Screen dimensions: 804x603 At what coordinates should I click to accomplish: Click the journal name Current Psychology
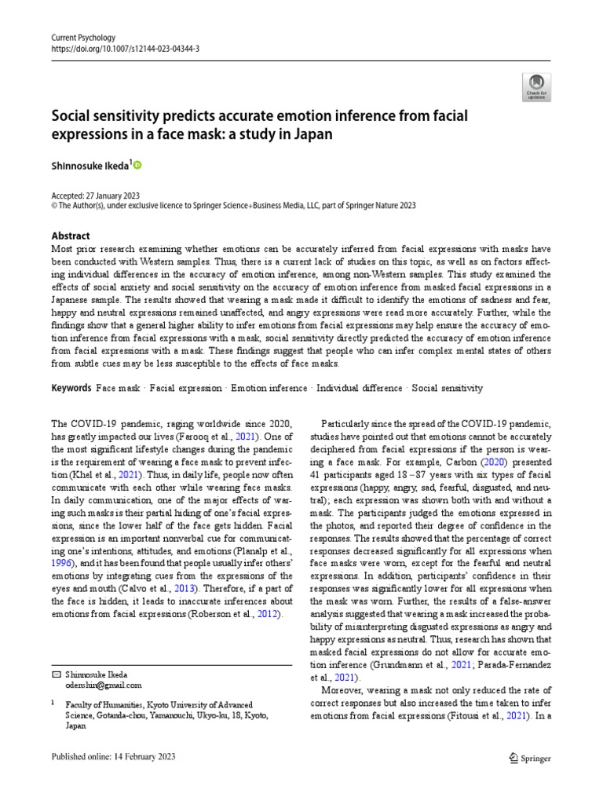[x=82, y=37]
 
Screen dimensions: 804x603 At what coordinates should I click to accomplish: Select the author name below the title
[x=90, y=166]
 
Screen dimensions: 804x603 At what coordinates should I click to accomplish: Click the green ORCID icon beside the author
[x=138, y=165]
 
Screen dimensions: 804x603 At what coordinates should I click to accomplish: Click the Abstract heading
[x=71, y=236]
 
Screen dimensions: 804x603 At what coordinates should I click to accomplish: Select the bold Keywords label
[x=72, y=388]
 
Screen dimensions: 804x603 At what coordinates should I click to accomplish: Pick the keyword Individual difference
[x=360, y=388]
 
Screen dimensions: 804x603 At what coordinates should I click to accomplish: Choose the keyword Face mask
[x=118, y=388]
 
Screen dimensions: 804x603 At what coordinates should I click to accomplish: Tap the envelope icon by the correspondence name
[x=55, y=674]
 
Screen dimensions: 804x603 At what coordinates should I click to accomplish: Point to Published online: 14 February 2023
[x=113, y=757]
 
